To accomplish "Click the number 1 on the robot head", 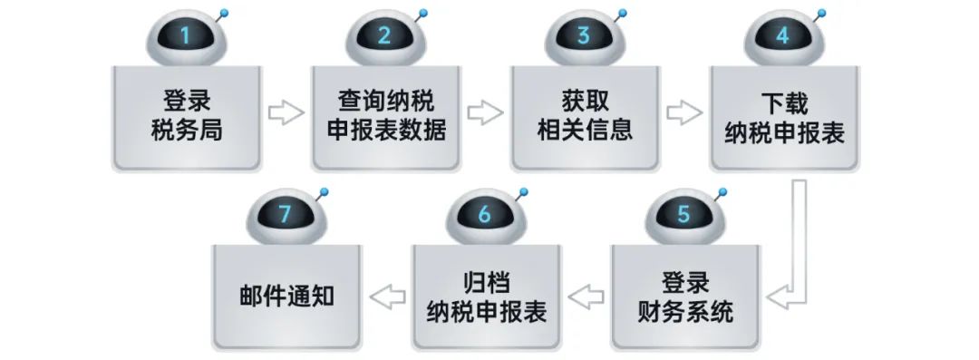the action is click(x=186, y=37).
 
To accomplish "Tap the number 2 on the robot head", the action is click(x=384, y=37).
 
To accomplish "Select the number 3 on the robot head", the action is click(x=583, y=37).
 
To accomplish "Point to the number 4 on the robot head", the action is click(x=782, y=37).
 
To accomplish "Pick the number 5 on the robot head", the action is click(x=683, y=215).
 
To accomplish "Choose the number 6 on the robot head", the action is click(x=484, y=215).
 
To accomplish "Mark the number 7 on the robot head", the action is click(x=285, y=215).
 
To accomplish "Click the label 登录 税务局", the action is click(x=187, y=115).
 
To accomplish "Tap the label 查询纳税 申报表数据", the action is click(x=385, y=115).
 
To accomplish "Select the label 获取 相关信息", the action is click(x=584, y=115).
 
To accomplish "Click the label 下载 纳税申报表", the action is click(x=783, y=115).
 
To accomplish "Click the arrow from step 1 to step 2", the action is click(x=286, y=113).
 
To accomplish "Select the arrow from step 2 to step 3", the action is click(x=485, y=113).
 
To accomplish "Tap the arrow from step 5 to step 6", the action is click(x=585, y=295).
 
